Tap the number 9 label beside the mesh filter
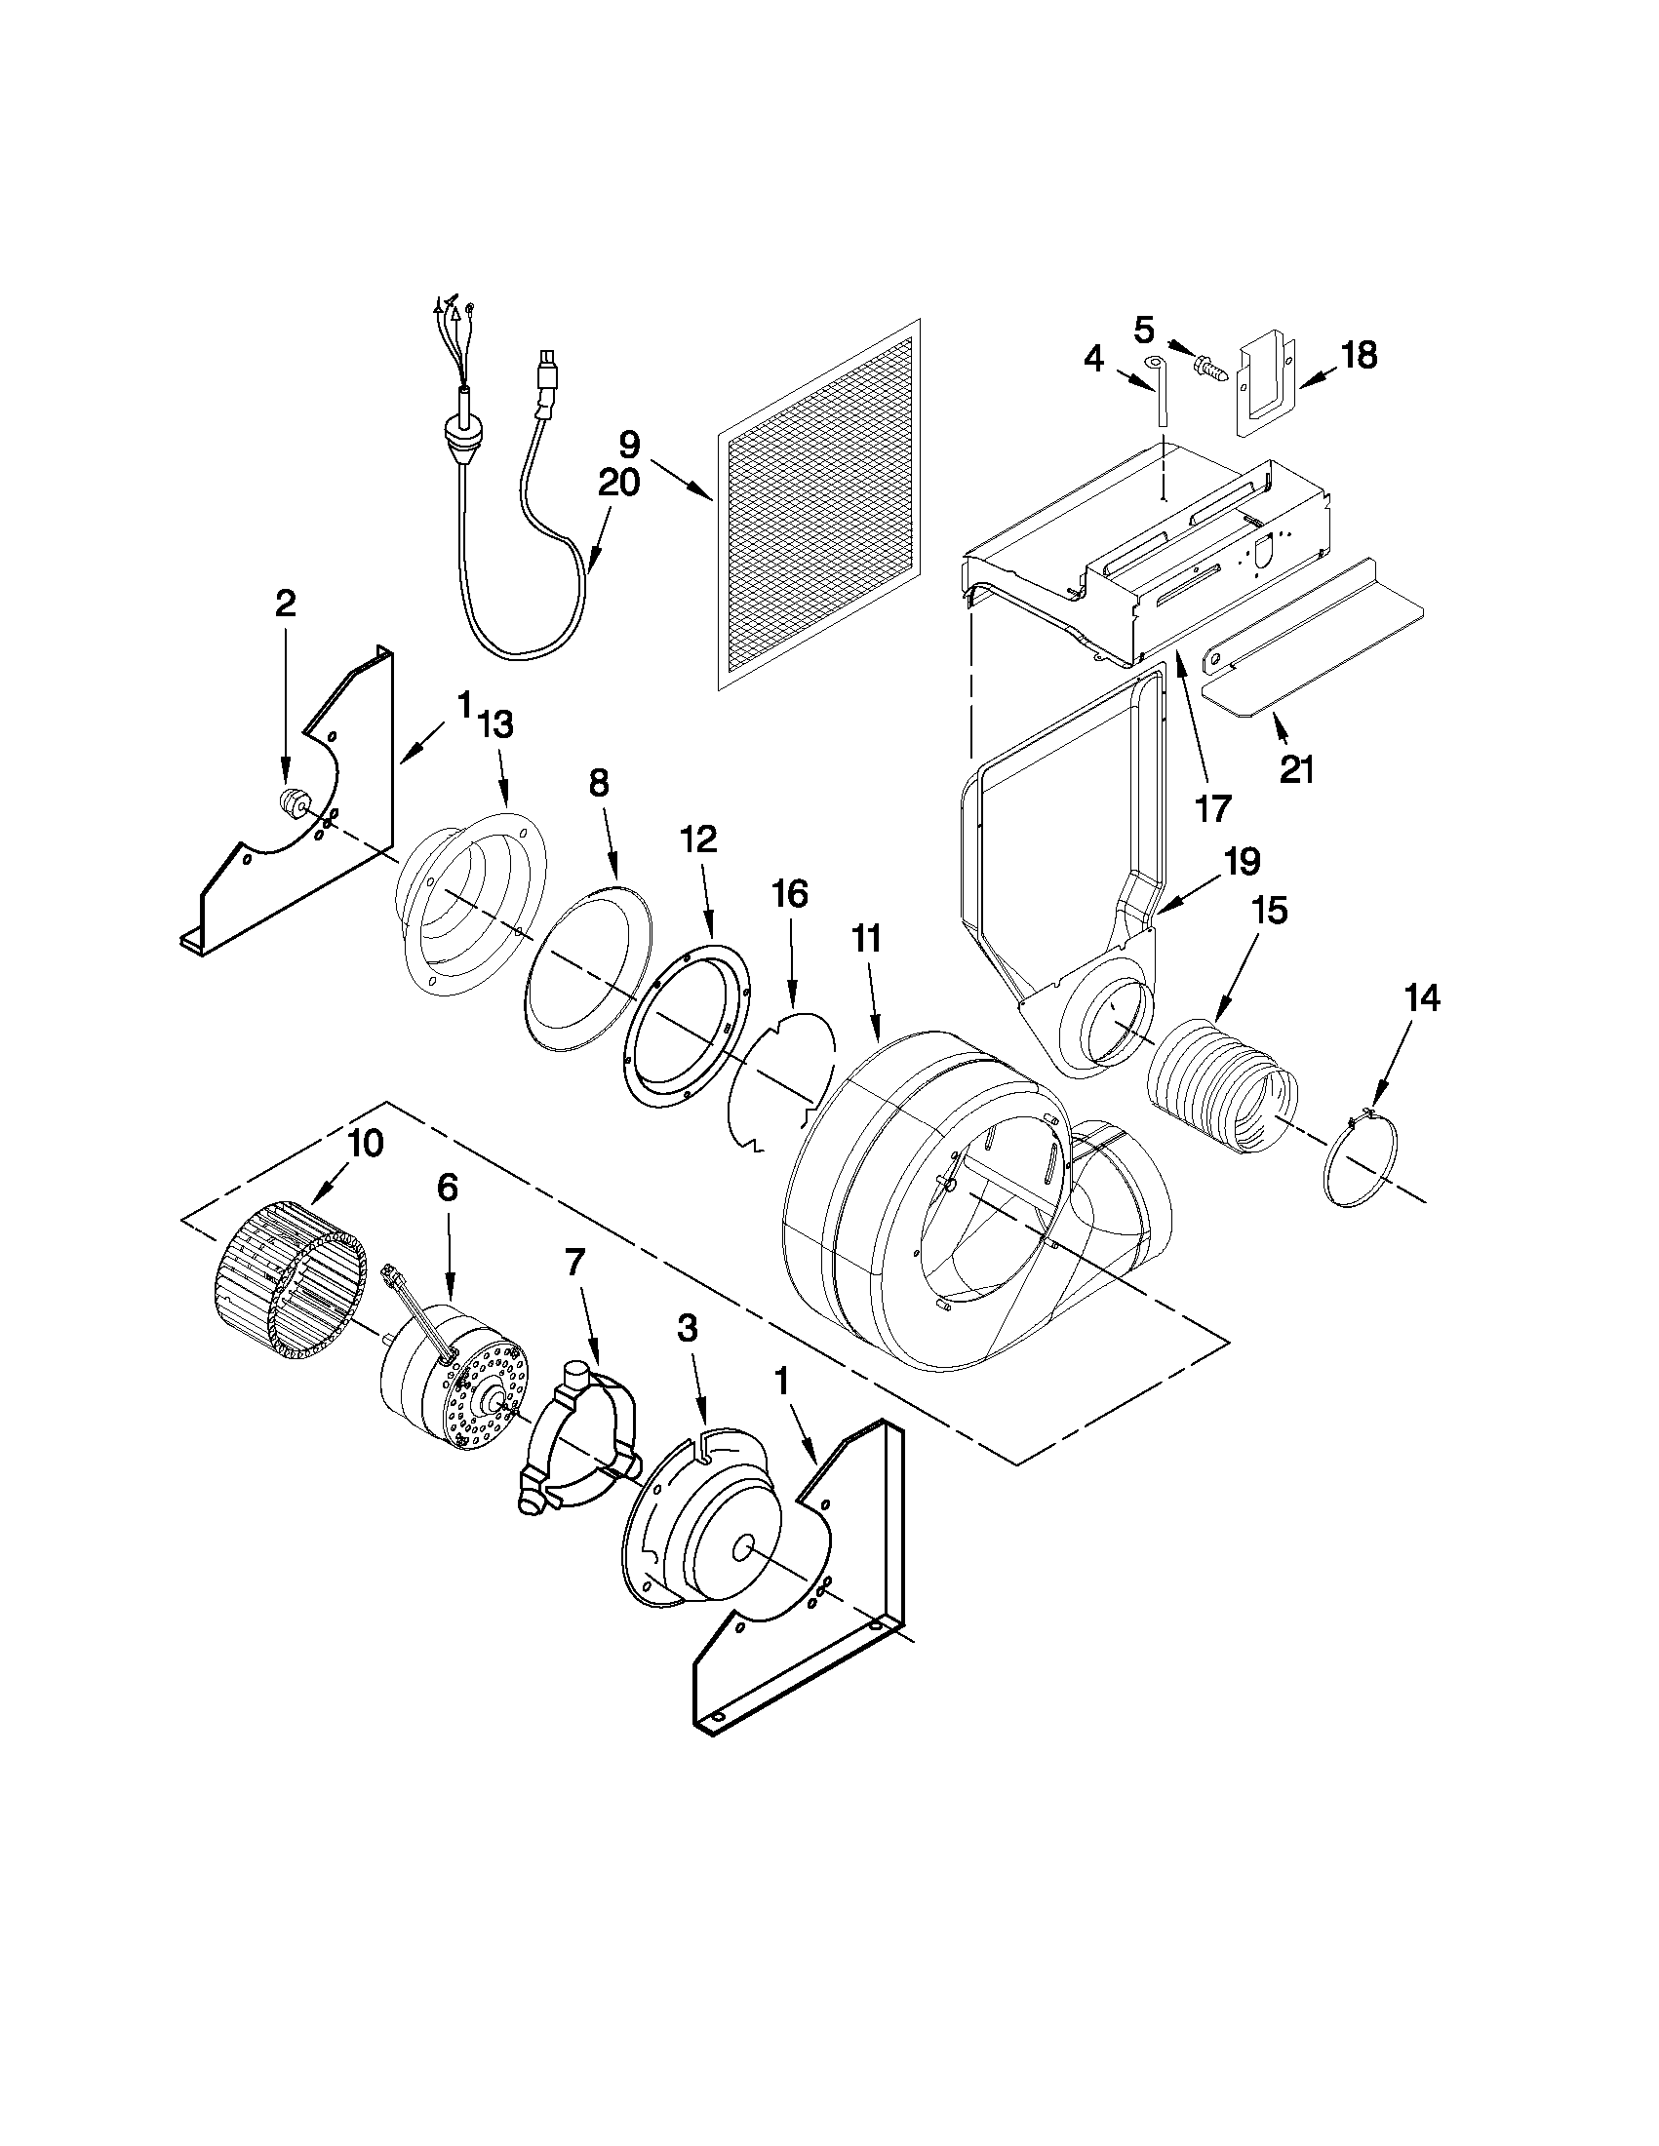pos(629,445)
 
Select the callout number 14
pos(1421,999)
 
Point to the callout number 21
pos(1296,770)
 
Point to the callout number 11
pos(866,939)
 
